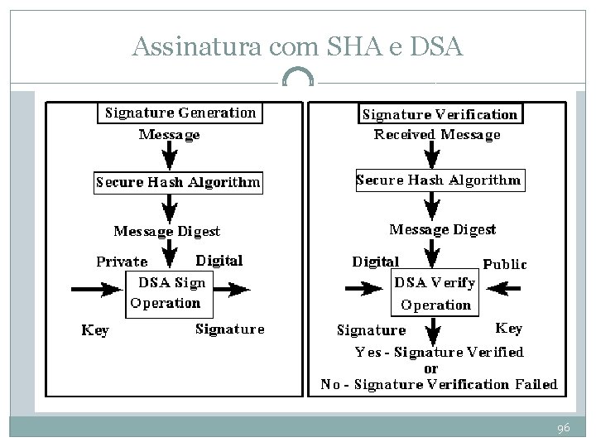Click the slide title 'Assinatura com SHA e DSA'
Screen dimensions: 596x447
click(297, 47)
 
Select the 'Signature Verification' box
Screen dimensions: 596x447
click(440, 114)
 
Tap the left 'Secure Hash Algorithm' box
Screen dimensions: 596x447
click(178, 182)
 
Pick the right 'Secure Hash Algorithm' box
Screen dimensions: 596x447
click(439, 180)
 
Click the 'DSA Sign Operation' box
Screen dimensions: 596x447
click(167, 292)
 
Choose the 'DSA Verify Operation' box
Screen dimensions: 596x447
click(435, 294)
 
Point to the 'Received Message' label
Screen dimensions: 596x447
click(437, 134)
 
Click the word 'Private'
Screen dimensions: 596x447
click(122, 262)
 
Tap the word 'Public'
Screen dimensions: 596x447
click(504, 264)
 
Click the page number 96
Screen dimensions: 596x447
click(564, 428)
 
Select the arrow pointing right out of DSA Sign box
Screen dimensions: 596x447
click(229, 289)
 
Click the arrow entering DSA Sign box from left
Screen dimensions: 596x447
click(97, 289)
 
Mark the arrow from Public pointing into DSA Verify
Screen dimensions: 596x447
click(505, 288)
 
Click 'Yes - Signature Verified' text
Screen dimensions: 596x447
click(440, 352)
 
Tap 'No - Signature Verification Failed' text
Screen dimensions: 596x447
click(439, 384)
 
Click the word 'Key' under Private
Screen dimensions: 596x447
click(94, 330)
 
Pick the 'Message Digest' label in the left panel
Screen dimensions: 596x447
click(167, 231)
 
